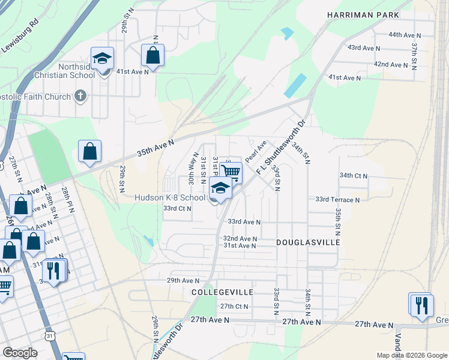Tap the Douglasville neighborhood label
click(308, 242)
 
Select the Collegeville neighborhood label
click(222, 292)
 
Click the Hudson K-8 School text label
click(169, 197)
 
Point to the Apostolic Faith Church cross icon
click(80, 95)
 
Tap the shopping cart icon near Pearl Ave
click(231, 172)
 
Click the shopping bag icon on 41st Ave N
click(152, 56)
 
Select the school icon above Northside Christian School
click(102, 59)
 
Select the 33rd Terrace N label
click(337, 199)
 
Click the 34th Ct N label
click(353, 176)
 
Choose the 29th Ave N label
click(182, 281)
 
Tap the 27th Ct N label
click(234, 306)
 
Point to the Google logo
click(20, 353)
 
